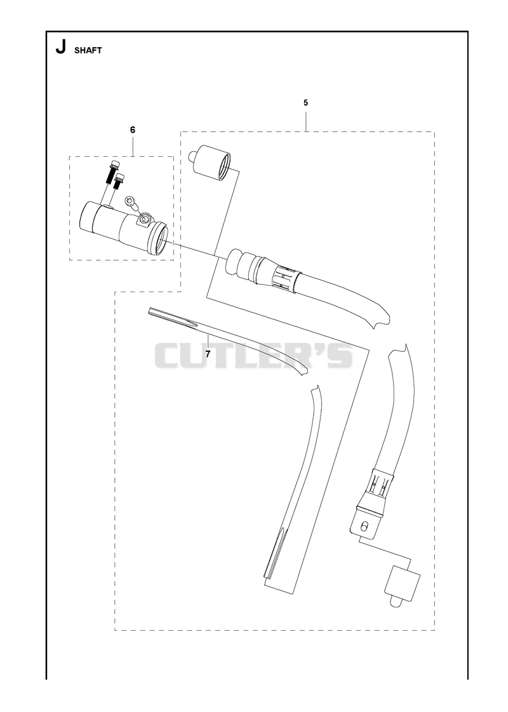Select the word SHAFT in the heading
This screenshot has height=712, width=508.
click(x=88, y=50)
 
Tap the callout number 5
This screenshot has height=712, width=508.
click(x=305, y=103)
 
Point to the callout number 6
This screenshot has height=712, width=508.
click(x=133, y=130)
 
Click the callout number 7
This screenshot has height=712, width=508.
click(x=208, y=354)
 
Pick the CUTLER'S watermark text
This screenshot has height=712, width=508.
click(x=254, y=355)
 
